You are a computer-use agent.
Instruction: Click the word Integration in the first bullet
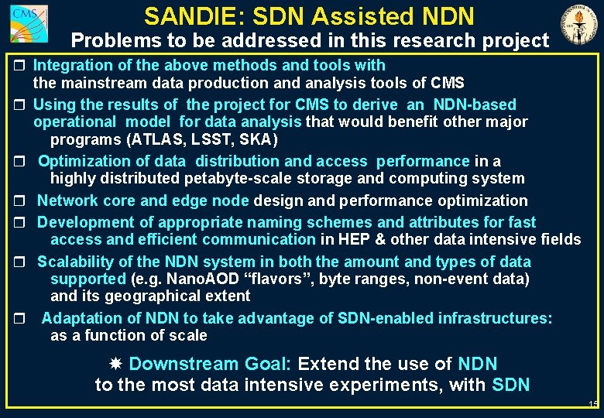click(x=71, y=66)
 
